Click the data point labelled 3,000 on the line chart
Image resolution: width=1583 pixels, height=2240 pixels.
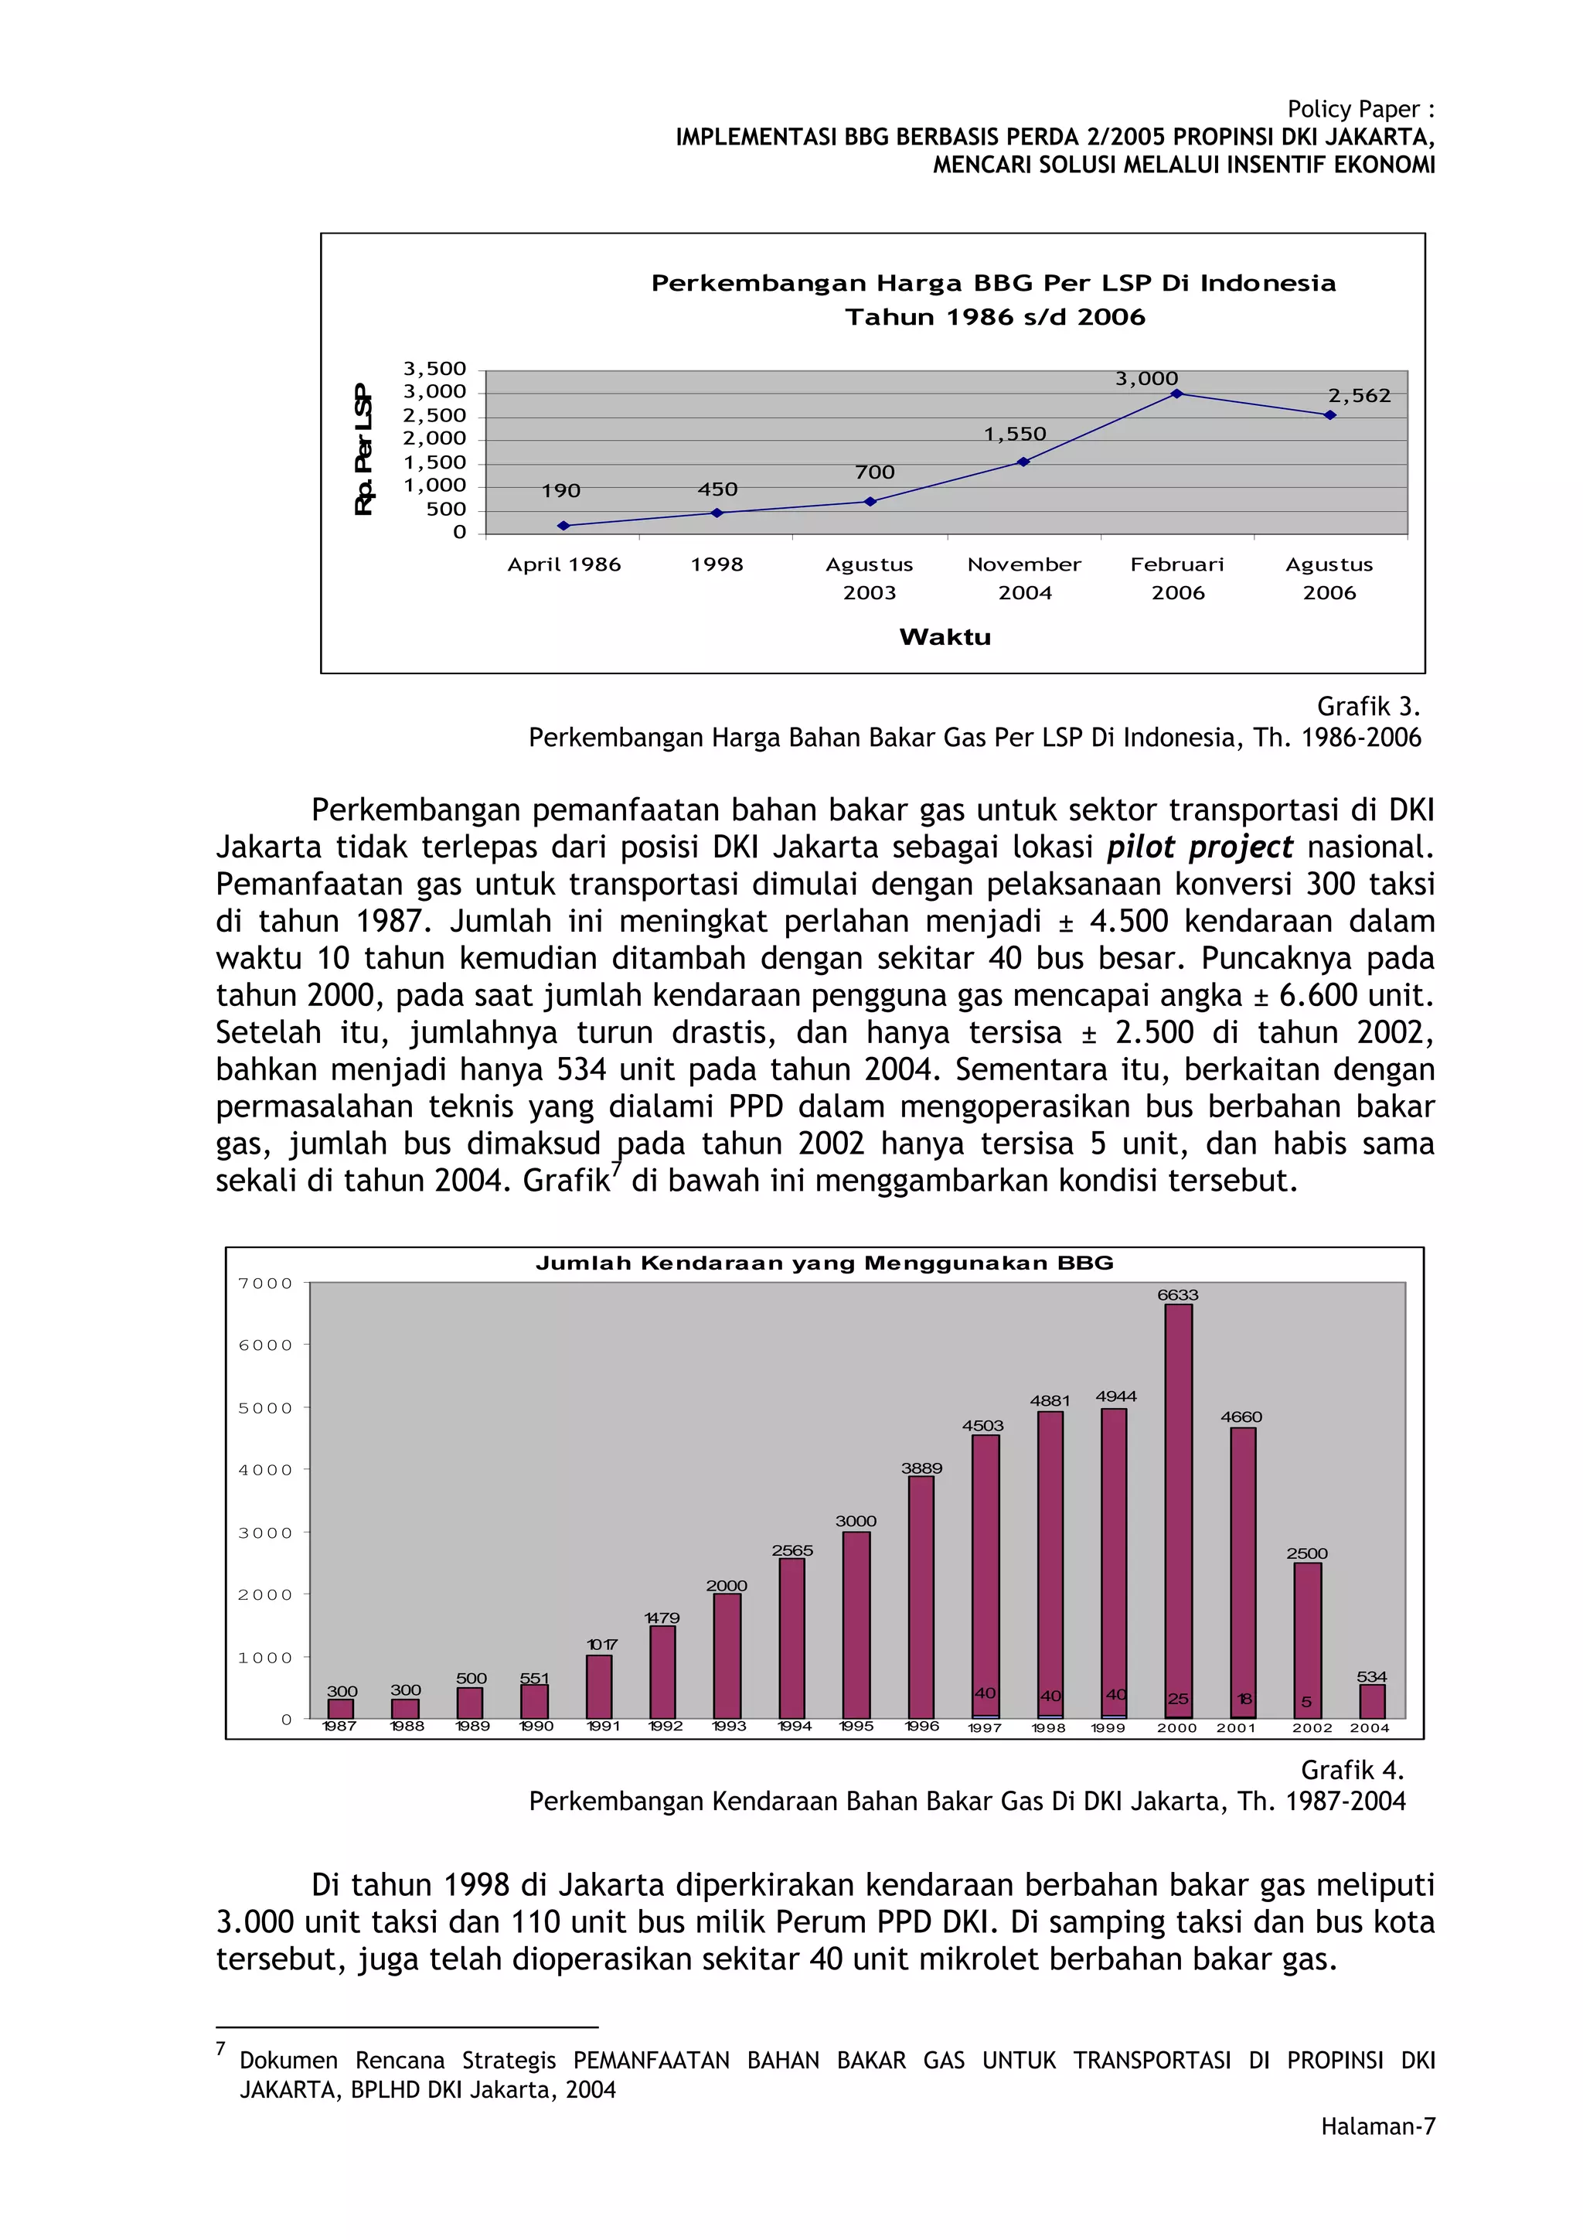click(1176, 393)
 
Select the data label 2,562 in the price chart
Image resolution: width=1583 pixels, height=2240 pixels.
click(1358, 396)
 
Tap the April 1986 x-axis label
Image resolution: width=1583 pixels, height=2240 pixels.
click(563, 564)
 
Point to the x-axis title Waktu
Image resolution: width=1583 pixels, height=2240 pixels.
click(944, 637)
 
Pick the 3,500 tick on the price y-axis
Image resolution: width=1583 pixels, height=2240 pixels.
click(434, 369)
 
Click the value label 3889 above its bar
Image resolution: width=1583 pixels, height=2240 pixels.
click(921, 1468)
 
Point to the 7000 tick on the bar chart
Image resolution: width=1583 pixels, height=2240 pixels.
click(264, 1283)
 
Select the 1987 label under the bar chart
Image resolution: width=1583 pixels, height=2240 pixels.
click(339, 1726)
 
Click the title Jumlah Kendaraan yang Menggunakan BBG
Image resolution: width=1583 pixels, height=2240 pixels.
click(824, 1263)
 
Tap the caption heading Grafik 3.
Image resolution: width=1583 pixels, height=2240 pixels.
click(1367, 707)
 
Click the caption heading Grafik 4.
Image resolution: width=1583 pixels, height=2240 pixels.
click(1352, 1770)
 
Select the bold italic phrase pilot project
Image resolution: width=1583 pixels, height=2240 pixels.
click(1199, 847)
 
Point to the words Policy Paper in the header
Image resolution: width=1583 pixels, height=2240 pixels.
click(1352, 109)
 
